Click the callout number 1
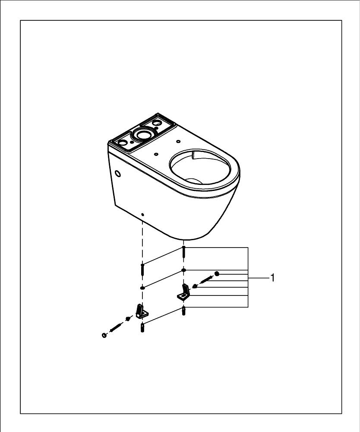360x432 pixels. click(x=272, y=278)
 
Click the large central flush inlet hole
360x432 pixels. click(x=143, y=134)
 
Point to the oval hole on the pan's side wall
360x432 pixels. click(x=118, y=174)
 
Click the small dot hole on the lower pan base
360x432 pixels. click(x=142, y=214)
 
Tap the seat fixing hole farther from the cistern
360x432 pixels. click(x=178, y=141)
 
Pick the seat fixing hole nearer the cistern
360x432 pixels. click(x=156, y=154)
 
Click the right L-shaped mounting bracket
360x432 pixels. click(x=183, y=292)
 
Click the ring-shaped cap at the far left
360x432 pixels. click(x=104, y=335)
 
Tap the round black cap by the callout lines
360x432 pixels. click(x=217, y=273)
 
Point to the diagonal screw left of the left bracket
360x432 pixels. click(x=115, y=327)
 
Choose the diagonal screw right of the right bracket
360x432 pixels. click(x=206, y=280)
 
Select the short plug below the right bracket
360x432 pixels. click(x=183, y=311)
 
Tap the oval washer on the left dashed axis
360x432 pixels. click(x=142, y=288)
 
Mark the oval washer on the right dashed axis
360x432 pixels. click(x=183, y=270)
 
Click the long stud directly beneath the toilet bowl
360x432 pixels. click(x=183, y=252)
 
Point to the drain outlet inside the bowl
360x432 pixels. click(x=194, y=181)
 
